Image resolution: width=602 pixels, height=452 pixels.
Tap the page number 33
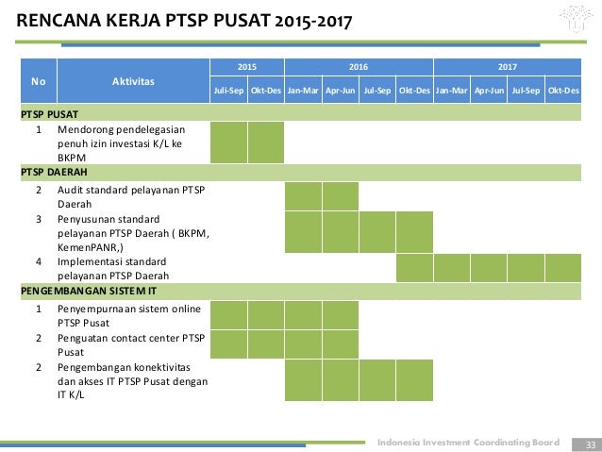tap(591, 444)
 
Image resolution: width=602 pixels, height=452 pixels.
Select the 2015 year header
tap(246, 68)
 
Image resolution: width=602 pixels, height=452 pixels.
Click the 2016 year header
tap(359, 68)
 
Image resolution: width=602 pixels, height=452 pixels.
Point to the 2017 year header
tap(508, 68)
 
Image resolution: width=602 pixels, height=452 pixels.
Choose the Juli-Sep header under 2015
tap(228, 92)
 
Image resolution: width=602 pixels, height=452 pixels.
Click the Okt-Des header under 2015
tap(266, 92)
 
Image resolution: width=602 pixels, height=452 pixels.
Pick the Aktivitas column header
tap(132, 81)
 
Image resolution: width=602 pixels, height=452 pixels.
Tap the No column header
tap(37, 81)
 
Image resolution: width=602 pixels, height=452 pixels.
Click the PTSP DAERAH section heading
tap(54, 172)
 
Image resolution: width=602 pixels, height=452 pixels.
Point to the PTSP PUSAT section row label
tap(50, 112)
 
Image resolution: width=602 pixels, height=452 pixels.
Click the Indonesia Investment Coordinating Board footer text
tap(469, 443)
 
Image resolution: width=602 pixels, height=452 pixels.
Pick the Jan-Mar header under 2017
tap(452, 92)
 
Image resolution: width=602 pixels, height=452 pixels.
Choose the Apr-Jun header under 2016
tap(340, 92)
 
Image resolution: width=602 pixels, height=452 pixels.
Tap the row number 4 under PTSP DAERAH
tap(38, 261)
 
